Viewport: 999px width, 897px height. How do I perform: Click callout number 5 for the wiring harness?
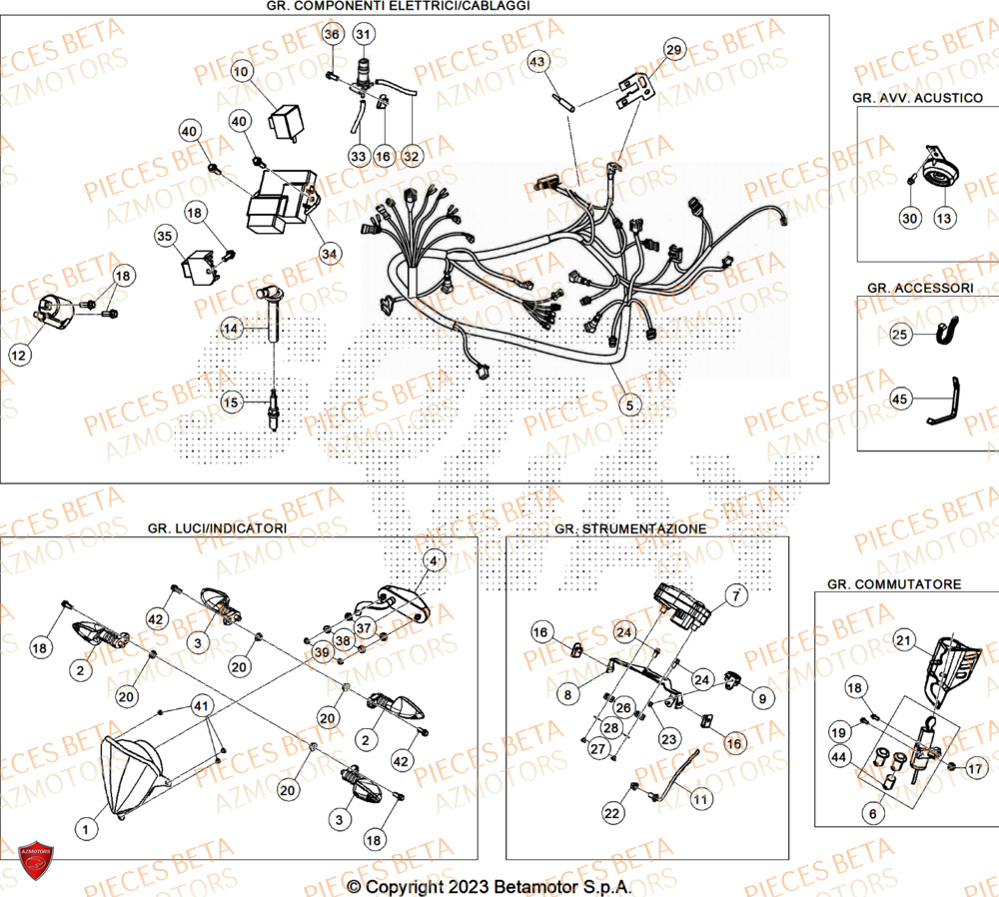point(628,406)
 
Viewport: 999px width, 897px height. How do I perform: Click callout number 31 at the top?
point(363,35)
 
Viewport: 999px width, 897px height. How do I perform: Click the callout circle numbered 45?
point(900,400)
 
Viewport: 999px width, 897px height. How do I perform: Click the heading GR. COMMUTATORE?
point(894,583)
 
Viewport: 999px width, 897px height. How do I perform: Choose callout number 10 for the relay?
point(243,72)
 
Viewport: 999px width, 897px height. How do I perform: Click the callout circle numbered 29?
point(674,50)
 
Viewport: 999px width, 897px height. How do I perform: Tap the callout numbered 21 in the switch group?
point(903,640)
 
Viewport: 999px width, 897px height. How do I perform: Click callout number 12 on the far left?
point(21,354)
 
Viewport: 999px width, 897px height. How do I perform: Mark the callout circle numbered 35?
point(165,237)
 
